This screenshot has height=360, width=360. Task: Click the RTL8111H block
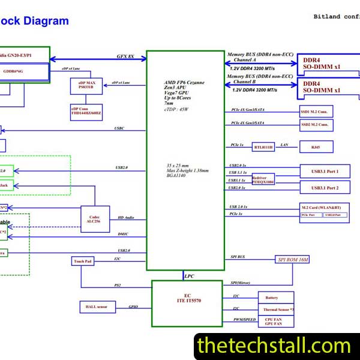pyautogui.click(x=263, y=147)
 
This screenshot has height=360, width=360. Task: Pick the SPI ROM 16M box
pyautogui.click(x=293, y=260)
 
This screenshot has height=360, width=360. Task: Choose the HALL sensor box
pyautogui.click(x=97, y=307)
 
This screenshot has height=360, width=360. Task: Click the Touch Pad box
pyautogui.click(x=83, y=261)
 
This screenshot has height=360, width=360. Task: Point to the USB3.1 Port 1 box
pyautogui.click(x=325, y=172)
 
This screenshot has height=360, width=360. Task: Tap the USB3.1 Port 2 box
pyautogui.click(x=325, y=188)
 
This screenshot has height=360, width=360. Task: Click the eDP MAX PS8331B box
pyautogui.click(x=86, y=85)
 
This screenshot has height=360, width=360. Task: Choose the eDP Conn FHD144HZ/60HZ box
pyautogui.click(x=86, y=110)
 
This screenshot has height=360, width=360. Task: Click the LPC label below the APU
pyautogui.click(x=188, y=276)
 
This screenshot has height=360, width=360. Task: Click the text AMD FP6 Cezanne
pyautogui.click(x=184, y=82)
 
